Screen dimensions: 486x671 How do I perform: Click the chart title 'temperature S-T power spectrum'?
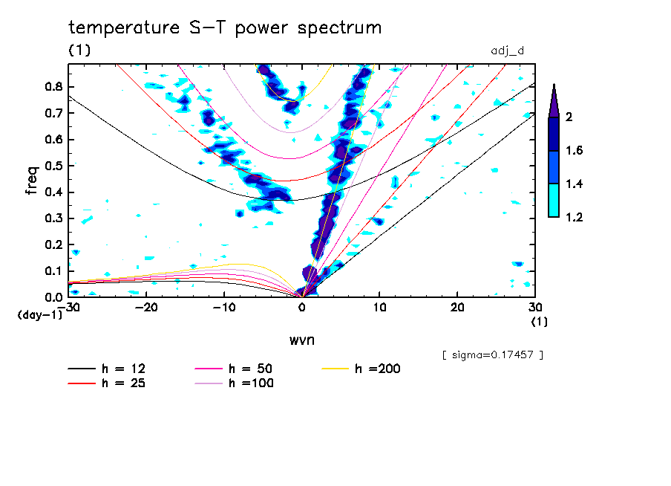225,28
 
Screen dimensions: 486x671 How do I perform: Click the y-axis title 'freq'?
32,181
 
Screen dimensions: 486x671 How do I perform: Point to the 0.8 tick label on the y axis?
53,86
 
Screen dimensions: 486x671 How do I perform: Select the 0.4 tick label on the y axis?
53,192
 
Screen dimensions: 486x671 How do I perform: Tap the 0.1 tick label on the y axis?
53,270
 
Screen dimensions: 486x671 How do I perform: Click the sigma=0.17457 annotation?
492,354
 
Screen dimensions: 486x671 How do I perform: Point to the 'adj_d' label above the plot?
508,51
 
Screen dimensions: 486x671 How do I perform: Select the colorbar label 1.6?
574,151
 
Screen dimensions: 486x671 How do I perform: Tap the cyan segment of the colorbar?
554,200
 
